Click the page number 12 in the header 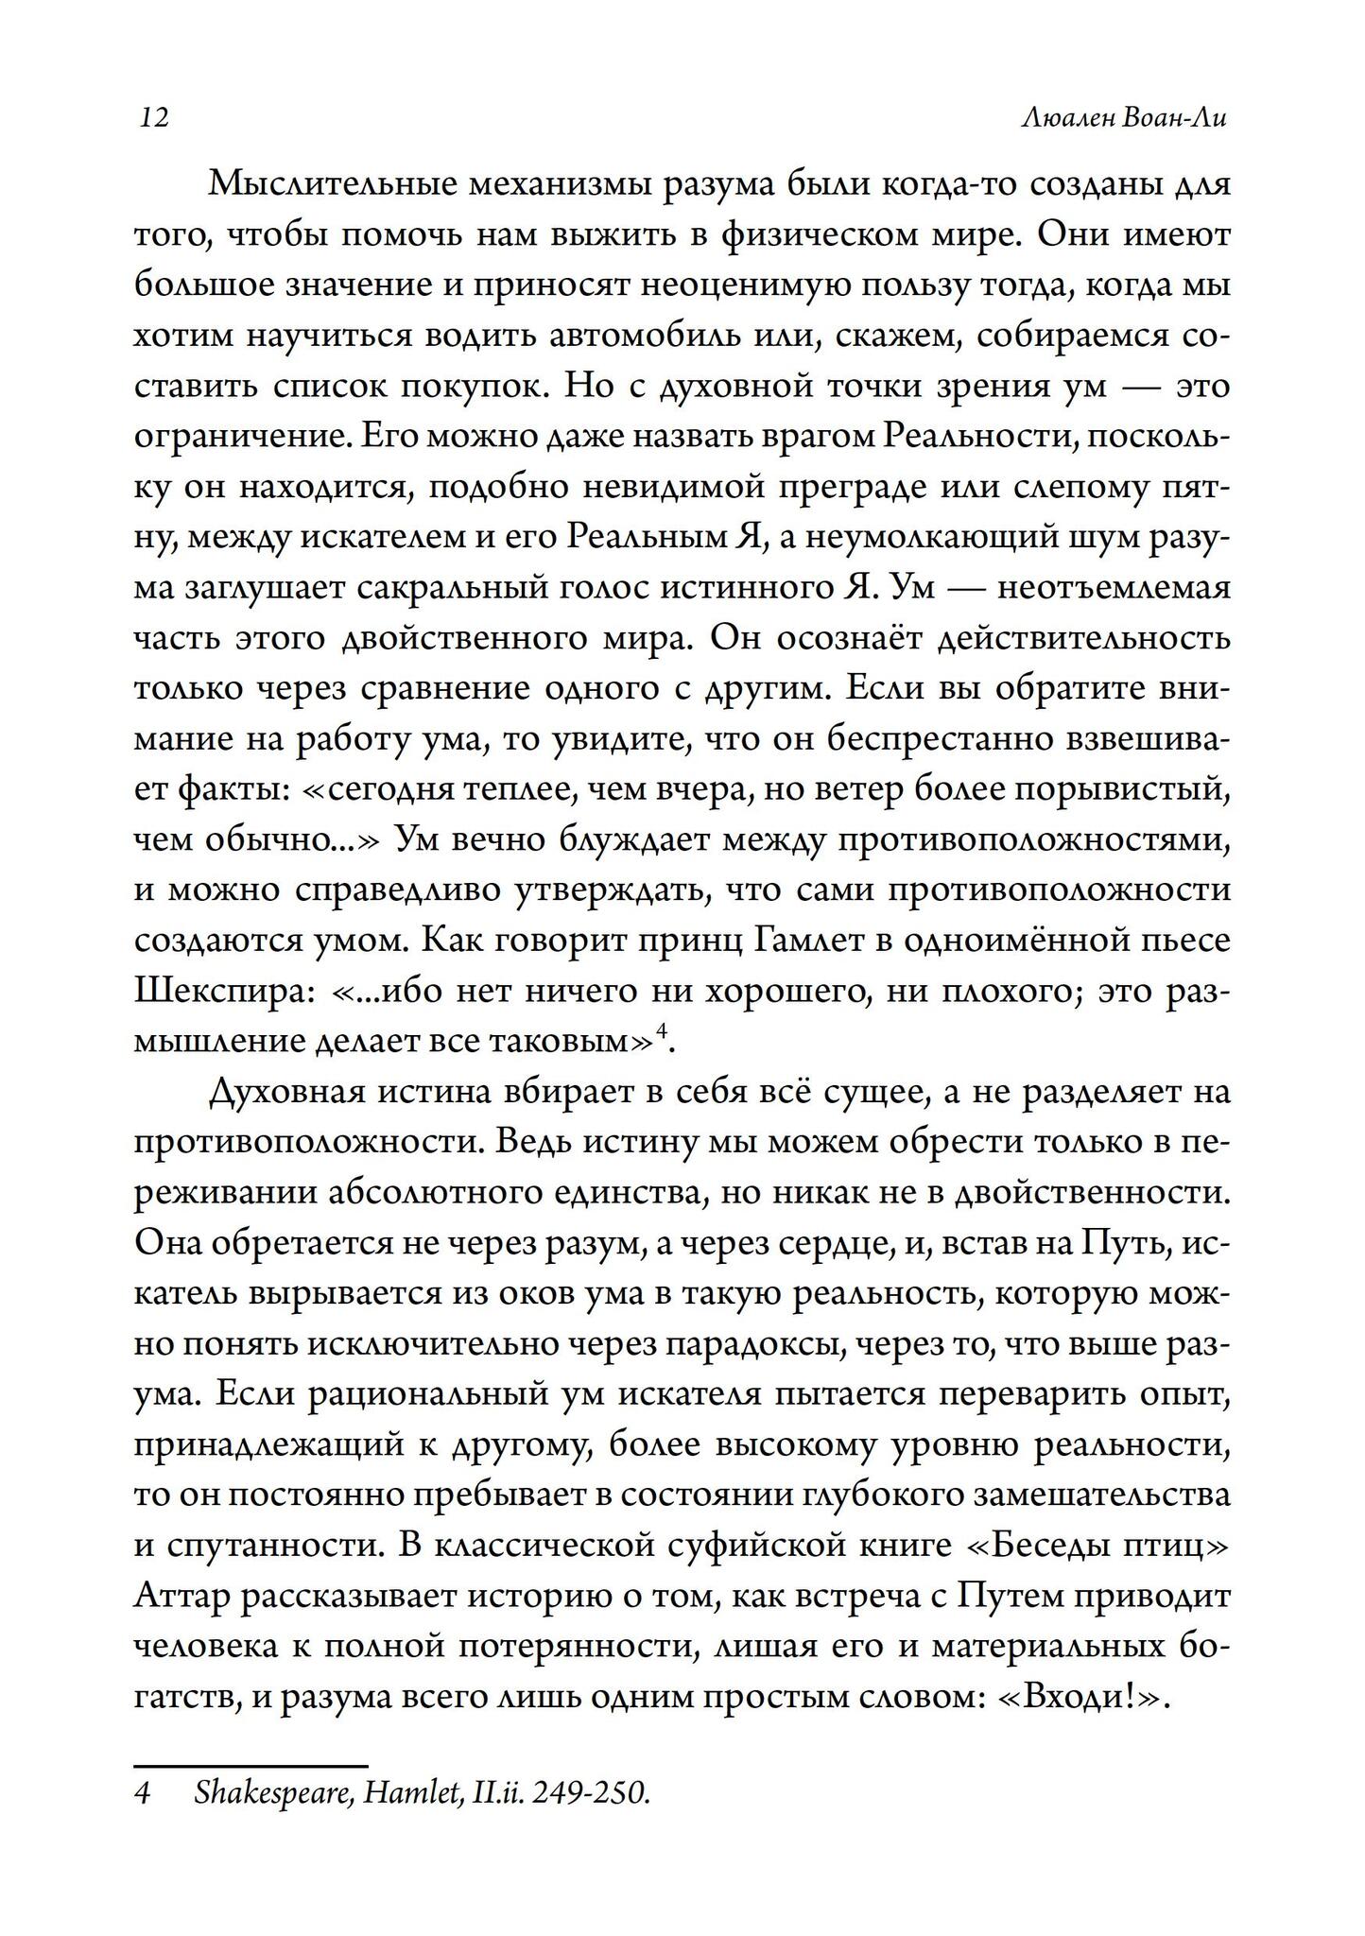click(154, 119)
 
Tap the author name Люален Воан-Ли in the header click(1126, 119)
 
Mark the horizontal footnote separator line click(251, 1765)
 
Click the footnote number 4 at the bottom click(142, 1794)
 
